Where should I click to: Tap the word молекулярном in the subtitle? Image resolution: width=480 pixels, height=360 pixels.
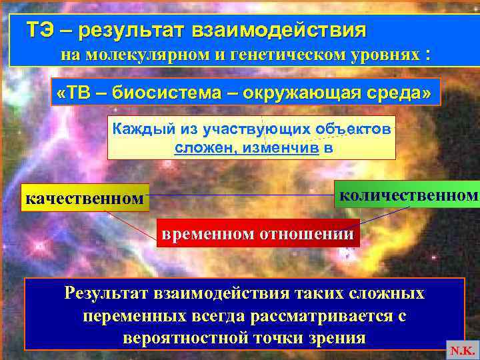tap(145, 55)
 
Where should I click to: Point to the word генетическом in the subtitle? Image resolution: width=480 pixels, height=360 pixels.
tap(285, 55)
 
